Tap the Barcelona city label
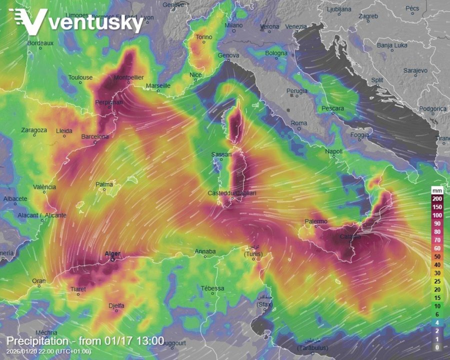pos(95,136)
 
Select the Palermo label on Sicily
pos(316,221)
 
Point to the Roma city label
pos(299,123)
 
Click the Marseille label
pos(158,86)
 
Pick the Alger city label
pos(112,254)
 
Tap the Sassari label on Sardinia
pos(221,154)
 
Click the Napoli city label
pos(333,151)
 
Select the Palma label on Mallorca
pos(104,184)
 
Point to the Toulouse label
pos(80,77)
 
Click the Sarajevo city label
pos(415,71)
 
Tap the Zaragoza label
pos(34,130)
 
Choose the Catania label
pos(350,236)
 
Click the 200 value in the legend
pos(437,199)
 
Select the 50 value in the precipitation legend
pos(437,256)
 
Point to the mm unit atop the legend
pos(437,191)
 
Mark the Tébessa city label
pos(212,288)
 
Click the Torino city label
pos(204,37)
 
